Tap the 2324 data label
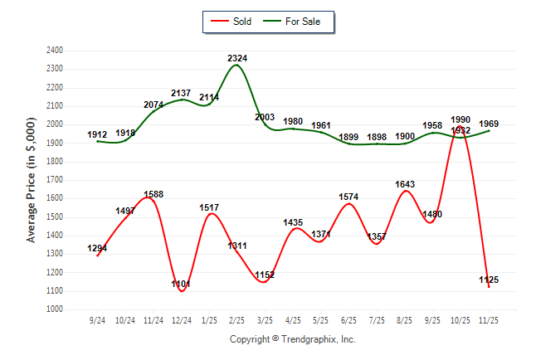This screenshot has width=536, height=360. [237, 58]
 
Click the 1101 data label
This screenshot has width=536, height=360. [181, 285]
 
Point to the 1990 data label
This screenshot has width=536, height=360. [460, 120]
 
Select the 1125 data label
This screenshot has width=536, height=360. [488, 280]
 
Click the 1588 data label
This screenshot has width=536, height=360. [154, 195]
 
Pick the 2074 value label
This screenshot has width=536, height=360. [154, 105]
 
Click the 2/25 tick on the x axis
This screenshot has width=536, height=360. [236, 319]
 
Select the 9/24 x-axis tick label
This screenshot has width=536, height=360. [97, 319]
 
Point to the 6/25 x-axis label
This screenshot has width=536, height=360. [348, 319]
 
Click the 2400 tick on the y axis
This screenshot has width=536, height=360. [56, 51]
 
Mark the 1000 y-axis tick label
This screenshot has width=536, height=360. [56, 309]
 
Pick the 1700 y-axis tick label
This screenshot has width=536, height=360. [56, 180]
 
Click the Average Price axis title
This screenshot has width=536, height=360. [32, 179]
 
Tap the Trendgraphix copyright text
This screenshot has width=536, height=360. [292, 339]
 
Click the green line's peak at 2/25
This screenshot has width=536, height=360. [236, 65]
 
